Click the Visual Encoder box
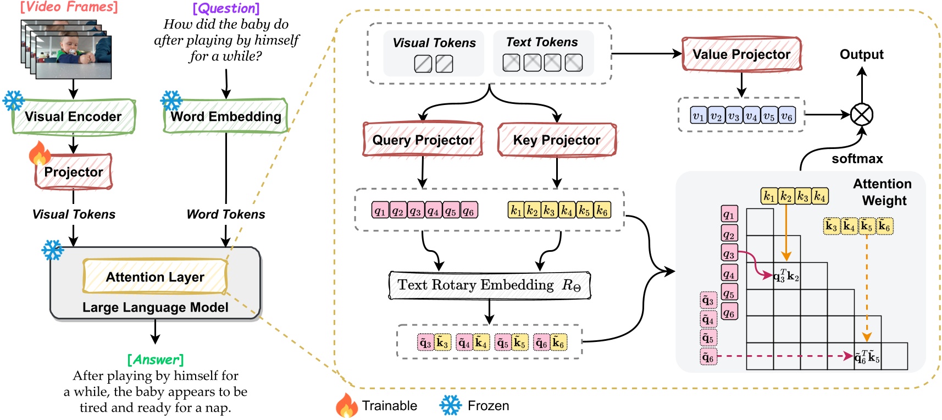tap(73, 117)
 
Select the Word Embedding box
tap(225, 117)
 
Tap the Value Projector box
tap(741, 54)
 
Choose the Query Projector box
tap(423, 140)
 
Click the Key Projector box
tap(557, 140)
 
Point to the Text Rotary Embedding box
tap(489, 285)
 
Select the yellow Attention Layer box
tap(155, 277)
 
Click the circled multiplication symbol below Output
tap(862, 115)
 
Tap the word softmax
tap(857, 159)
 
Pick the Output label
tap(861, 54)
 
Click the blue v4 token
tap(751, 115)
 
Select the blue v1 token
tap(699, 115)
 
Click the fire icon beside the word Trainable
tap(346, 406)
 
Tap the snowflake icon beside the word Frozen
tap(450, 406)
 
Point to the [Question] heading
tap(226, 8)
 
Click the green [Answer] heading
tap(156, 360)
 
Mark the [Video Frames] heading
tap(69, 7)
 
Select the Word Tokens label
tap(225, 214)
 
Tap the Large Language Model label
tap(155, 307)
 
